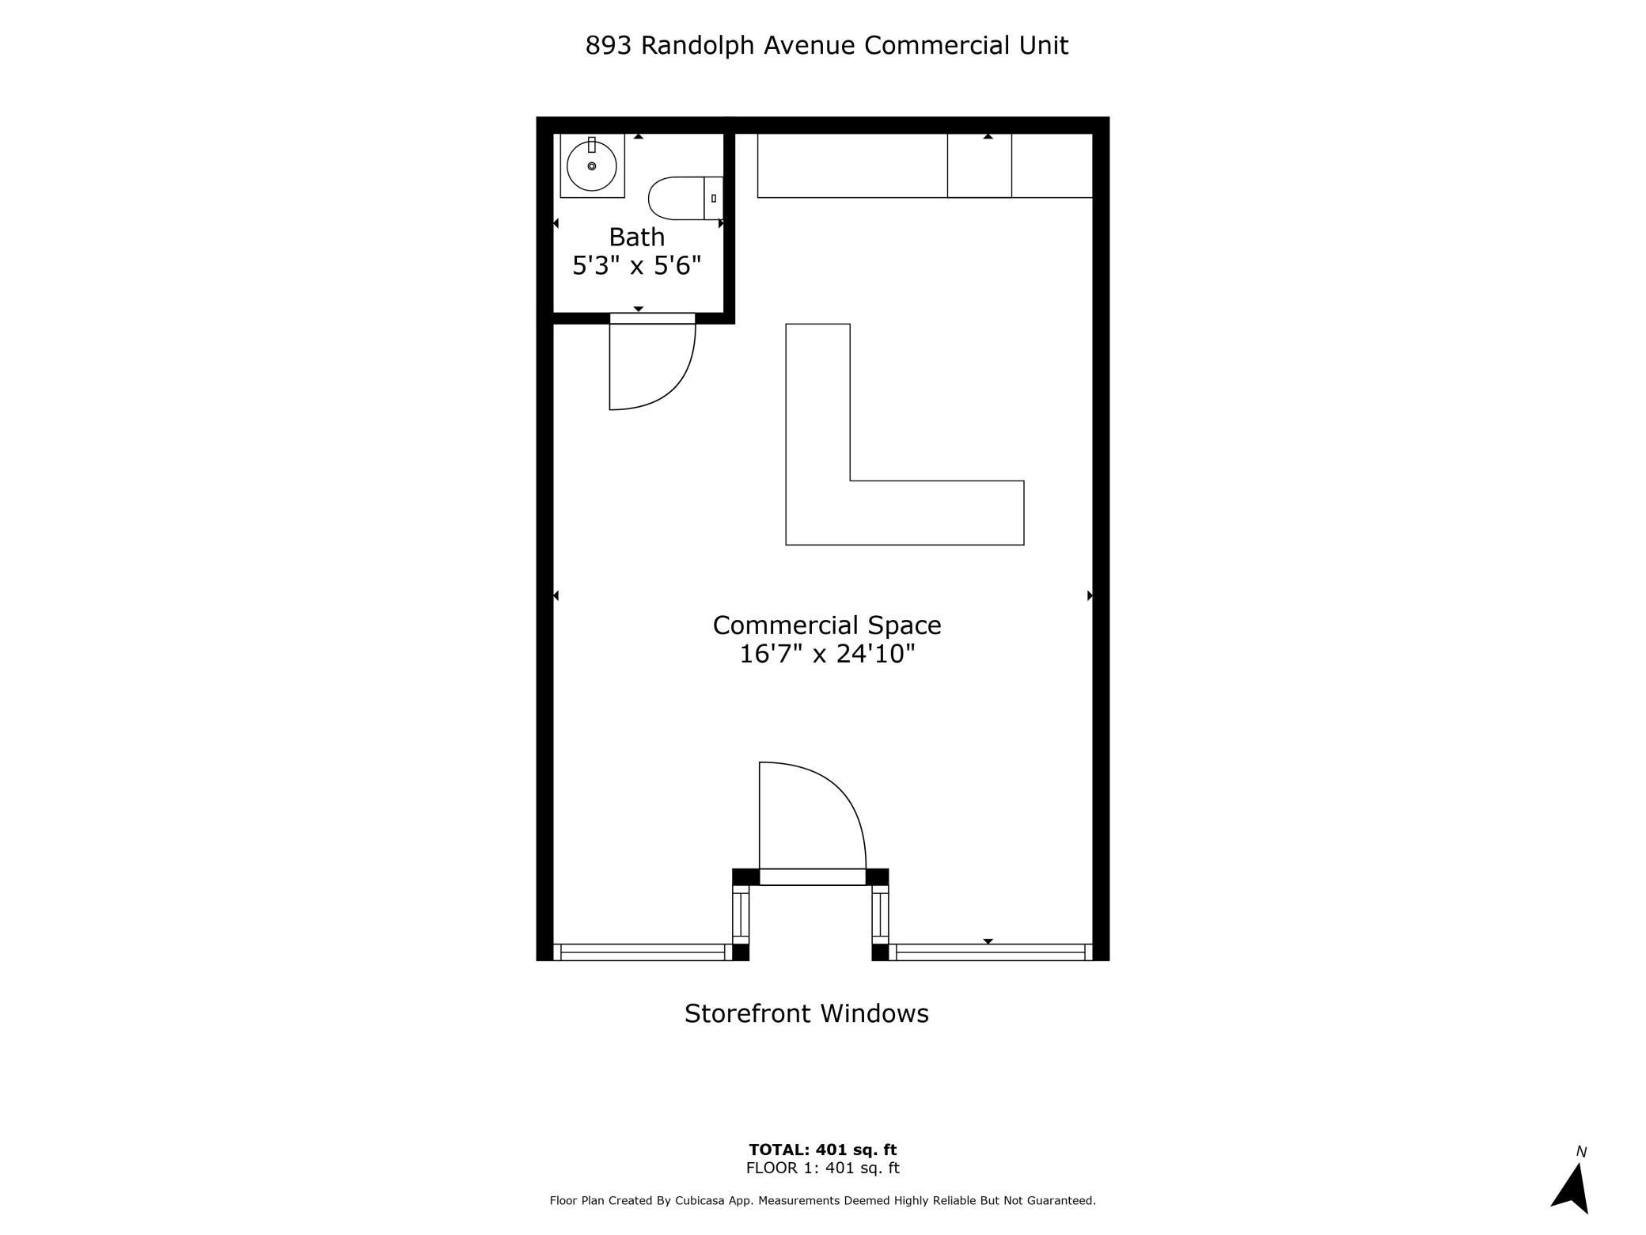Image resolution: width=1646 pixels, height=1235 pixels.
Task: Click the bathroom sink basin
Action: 592,165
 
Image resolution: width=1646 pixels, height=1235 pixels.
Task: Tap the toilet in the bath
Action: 685,198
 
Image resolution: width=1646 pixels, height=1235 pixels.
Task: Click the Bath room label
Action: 637,237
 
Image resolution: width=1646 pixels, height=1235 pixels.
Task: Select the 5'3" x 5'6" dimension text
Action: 637,265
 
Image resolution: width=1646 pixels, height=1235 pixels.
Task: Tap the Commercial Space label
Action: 827,625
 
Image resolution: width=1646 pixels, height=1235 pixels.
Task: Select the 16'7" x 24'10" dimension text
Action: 827,654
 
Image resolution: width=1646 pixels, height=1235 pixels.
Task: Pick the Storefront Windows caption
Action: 806,1013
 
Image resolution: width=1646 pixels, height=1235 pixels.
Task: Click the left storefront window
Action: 643,952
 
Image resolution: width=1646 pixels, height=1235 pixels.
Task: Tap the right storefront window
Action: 990,952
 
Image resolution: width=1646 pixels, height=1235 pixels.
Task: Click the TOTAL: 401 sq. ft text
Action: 823,1149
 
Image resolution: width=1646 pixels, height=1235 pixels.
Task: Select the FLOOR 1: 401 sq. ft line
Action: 823,1168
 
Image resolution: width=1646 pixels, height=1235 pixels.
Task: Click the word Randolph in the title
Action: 698,46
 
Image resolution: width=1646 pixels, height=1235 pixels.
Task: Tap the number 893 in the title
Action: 609,46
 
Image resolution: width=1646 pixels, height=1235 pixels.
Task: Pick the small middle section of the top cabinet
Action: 980,165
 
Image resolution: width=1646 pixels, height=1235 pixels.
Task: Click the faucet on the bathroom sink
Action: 592,145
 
